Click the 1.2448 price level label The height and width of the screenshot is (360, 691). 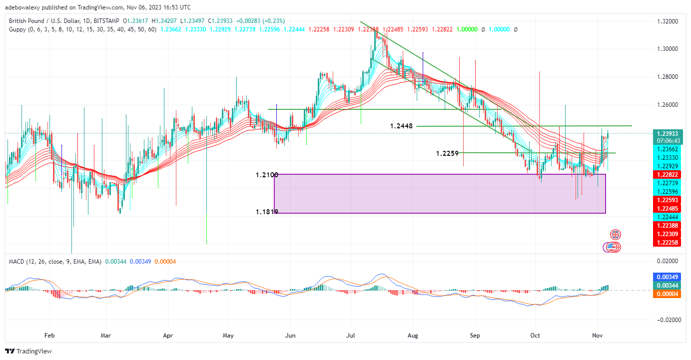click(x=401, y=126)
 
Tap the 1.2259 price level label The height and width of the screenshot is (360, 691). click(x=447, y=153)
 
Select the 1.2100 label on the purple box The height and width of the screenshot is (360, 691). click(x=267, y=175)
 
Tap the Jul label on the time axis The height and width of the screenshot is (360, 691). click(x=351, y=336)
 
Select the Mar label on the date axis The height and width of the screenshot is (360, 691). click(x=105, y=336)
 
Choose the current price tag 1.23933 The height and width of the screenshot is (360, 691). click(x=668, y=134)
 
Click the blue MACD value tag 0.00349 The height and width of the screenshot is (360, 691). click(x=668, y=277)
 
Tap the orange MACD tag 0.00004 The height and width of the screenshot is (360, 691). click(x=668, y=294)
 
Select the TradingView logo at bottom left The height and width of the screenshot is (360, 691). click(x=29, y=351)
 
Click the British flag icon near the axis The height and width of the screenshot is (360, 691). click(x=616, y=235)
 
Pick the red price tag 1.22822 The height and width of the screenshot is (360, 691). click(x=668, y=174)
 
